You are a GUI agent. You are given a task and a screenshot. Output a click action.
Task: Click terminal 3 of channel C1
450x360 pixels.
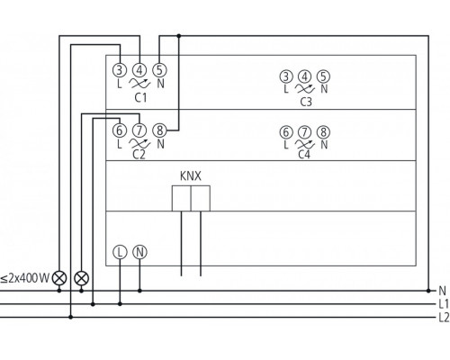point(120,69)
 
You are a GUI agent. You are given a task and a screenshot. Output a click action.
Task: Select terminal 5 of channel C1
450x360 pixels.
point(159,69)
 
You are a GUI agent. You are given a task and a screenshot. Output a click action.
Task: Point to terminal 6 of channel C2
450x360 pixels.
point(120,130)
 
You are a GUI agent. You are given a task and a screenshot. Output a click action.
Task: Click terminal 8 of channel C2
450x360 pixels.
point(159,130)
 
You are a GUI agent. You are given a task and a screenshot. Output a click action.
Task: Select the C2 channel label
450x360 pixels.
point(139,153)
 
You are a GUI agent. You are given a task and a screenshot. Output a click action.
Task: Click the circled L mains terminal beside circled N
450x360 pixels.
point(120,252)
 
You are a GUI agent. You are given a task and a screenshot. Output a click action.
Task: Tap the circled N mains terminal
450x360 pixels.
point(139,252)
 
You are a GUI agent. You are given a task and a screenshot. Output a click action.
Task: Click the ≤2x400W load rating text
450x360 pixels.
point(25,277)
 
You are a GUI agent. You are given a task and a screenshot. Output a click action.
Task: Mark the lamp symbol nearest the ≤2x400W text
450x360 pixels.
point(60,277)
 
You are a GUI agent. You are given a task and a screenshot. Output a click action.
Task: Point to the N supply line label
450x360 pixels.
point(441,291)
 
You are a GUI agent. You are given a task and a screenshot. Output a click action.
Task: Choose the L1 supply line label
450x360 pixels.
point(442,304)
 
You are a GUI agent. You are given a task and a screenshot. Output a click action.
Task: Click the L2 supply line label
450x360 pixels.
point(442,318)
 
